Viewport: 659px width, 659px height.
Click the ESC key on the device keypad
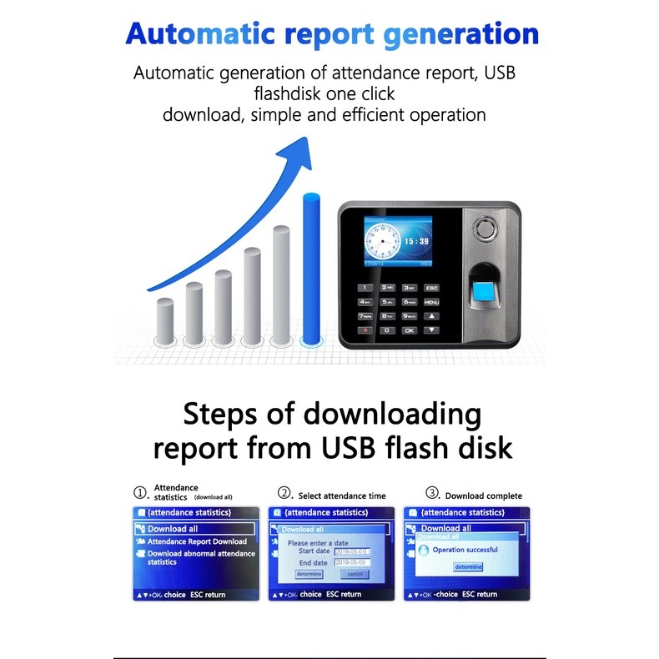pyautogui.click(x=431, y=288)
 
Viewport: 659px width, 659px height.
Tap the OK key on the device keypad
pyautogui.click(x=409, y=330)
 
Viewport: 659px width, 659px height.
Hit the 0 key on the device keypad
pyautogui.click(x=387, y=330)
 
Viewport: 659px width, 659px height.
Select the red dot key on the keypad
pyautogui.click(x=365, y=330)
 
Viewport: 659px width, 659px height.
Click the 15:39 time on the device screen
pyautogui.click(x=416, y=241)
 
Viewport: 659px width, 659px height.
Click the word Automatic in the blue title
pyautogui.click(x=199, y=34)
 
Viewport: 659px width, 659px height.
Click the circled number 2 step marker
pyautogui.click(x=284, y=493)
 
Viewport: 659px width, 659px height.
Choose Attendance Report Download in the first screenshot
pyautogui.click(x=197, y=541)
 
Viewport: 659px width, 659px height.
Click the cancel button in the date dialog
pyautogui.click(x=355, y=574)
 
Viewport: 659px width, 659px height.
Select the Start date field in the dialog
pyautogui.click(x=351, y=551)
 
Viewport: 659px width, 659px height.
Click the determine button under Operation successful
pyautogui.click(x=468, y=567)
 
